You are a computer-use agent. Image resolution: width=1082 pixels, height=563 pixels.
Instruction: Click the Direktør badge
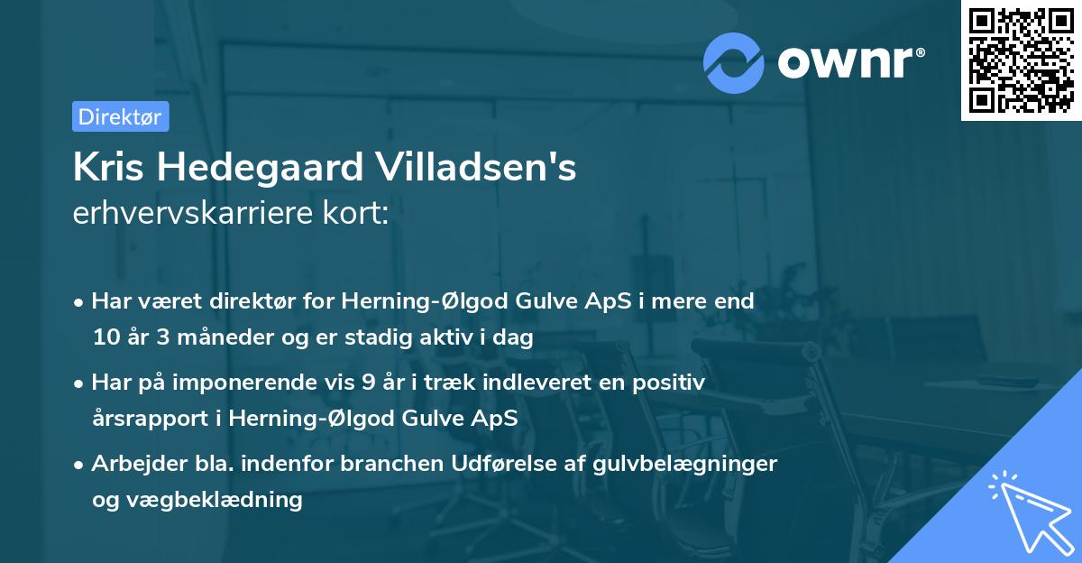pos(120,116)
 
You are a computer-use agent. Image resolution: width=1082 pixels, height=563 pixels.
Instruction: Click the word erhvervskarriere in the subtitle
pos(195,214)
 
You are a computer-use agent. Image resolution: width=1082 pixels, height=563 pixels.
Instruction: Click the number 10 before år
pos(105,338)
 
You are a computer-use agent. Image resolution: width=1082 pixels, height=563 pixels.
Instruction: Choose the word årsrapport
pos(146,419)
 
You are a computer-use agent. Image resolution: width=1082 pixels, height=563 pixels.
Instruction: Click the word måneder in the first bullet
pos(212,338)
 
